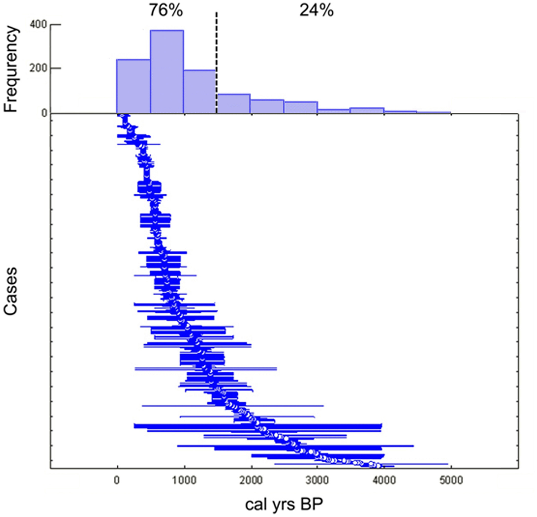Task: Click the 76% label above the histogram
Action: (166, 10)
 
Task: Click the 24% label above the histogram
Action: (316, 10)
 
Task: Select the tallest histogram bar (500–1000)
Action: (167, 72)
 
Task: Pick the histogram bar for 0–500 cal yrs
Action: (133, 86)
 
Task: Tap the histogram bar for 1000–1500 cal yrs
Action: (200, 92)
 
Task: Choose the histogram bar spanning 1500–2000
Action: (233, 104)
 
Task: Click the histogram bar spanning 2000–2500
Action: (267, 106)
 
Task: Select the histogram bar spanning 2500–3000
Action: (301, 107)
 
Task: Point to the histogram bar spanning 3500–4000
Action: (367, 111)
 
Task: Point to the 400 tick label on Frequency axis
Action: (38, 25)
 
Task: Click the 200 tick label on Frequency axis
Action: (38, 69)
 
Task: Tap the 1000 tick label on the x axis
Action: (184, 480)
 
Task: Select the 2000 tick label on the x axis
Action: (250, 480)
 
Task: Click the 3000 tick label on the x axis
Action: (317, 480)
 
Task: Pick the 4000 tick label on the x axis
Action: (384, 480)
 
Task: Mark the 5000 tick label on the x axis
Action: (451, 480)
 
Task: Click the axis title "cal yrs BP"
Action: (284, 504)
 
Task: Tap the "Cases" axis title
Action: (11, 291)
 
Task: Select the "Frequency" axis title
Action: (11, 69)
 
